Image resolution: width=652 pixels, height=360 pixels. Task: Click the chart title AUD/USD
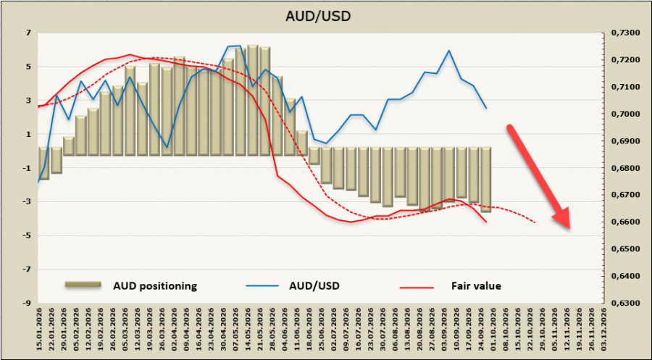tap(318, 16)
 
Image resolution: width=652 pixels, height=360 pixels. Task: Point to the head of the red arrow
tap(569, 228)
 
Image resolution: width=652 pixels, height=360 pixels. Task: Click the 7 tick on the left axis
tap(30, 33)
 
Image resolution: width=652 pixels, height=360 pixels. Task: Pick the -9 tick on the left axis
tap(28, 303)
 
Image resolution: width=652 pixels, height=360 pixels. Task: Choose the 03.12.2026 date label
tap(603, 330)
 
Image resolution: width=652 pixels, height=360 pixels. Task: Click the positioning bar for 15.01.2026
tap(43, 164)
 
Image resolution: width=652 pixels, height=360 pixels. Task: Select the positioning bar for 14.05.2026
tap(252, 100)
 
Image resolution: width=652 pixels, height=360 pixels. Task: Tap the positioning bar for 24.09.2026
tap(486, 180)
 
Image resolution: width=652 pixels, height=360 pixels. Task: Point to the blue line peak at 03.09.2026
tap(448, 50)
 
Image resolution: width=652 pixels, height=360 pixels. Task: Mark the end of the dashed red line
tap(535, 223)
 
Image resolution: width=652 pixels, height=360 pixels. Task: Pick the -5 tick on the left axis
tap(28, 235)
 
